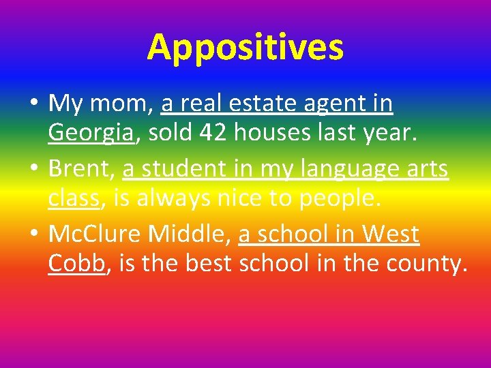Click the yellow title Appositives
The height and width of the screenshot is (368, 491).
tap(245, 47)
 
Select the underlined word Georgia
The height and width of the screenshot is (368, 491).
tap(91, 134)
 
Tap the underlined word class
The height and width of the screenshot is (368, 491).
tap(74, 198)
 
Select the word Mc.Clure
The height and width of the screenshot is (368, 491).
tap(95, 234)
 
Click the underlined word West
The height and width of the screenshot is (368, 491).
tap(391, 234)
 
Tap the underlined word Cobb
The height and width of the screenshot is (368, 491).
tap(77, 264)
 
